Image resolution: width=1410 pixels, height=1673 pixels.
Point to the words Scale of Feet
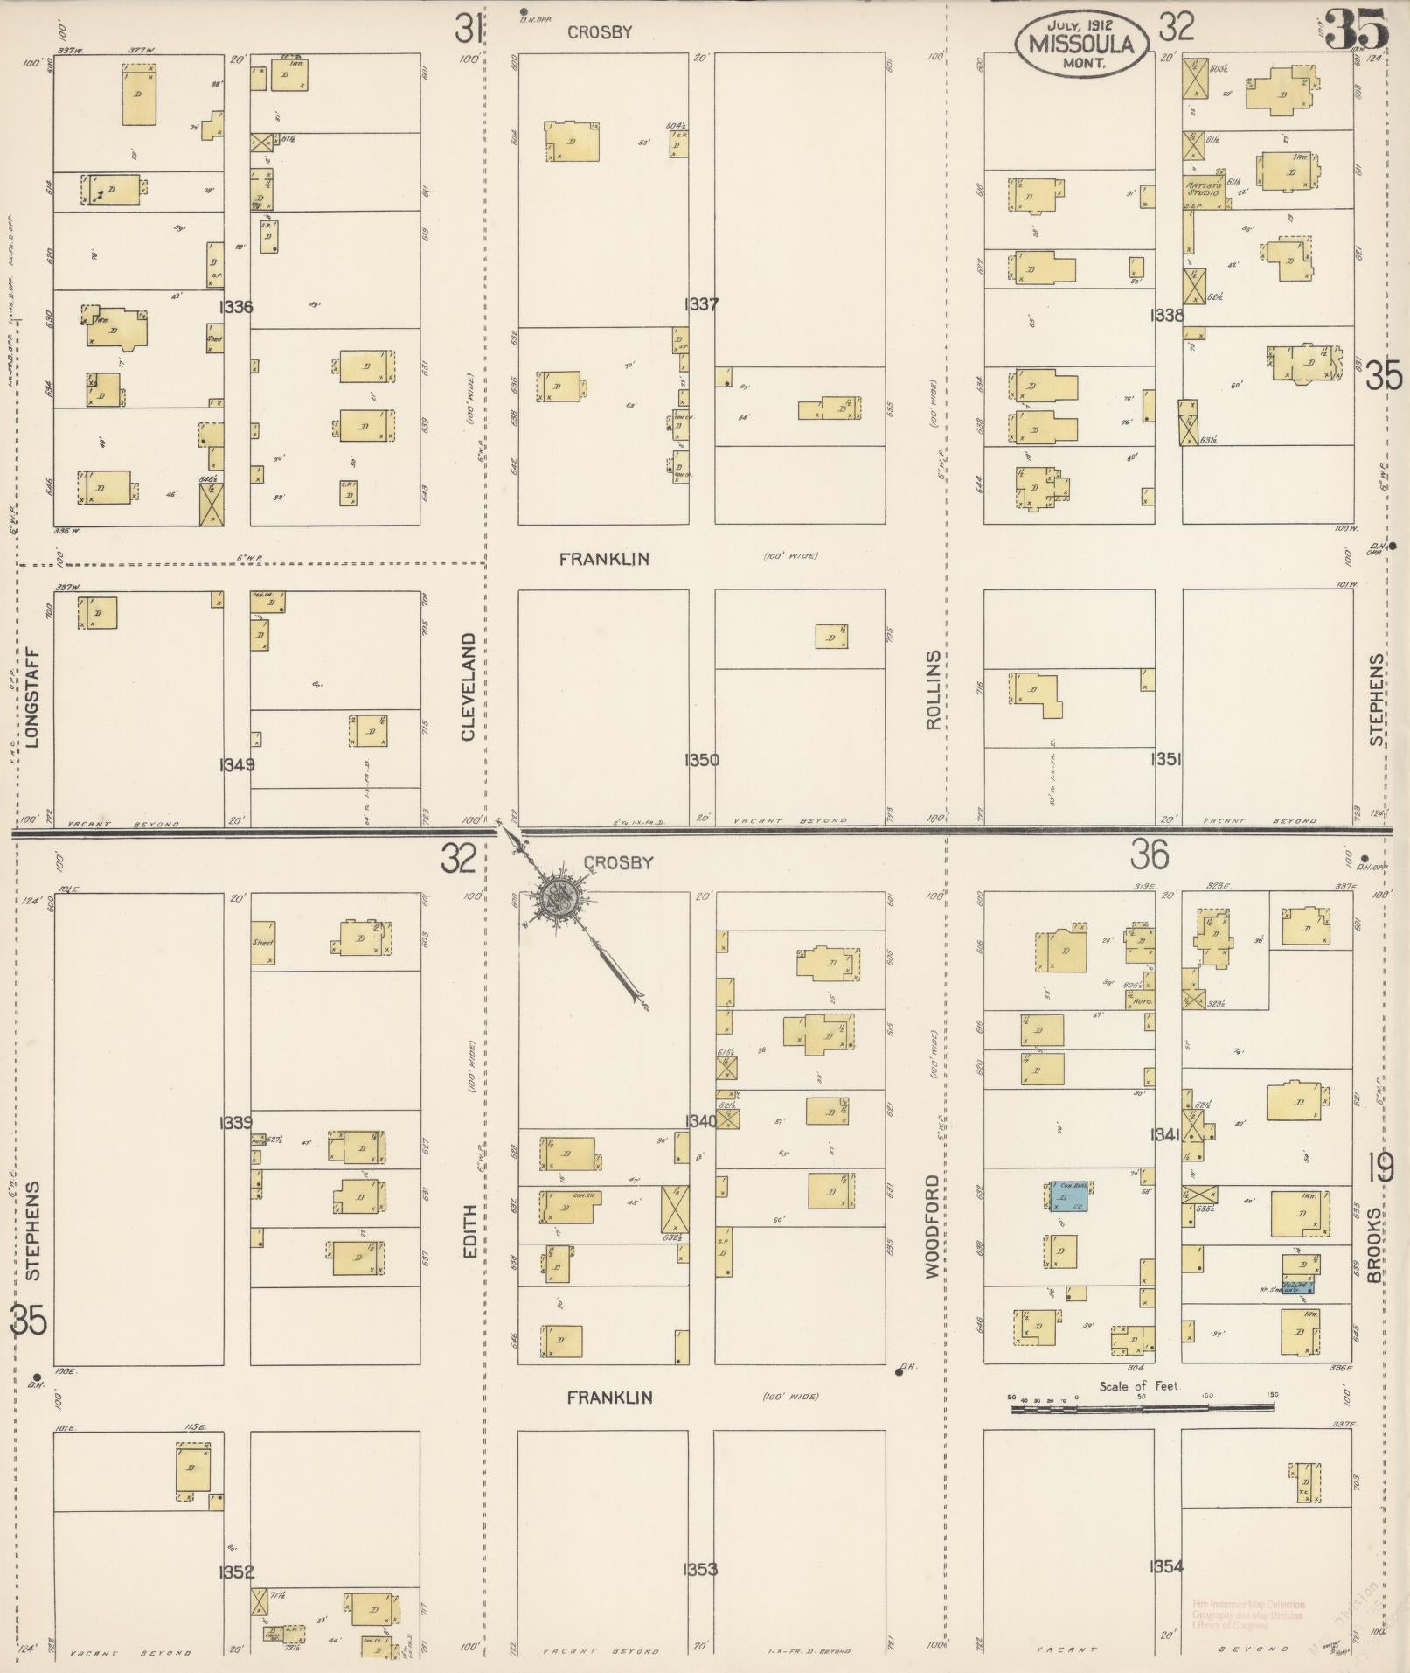point(1140,1386)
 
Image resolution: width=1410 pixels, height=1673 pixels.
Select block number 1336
point(237,307)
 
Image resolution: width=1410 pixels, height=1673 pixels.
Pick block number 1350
point(702,760)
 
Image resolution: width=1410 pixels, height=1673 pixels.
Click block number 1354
point(1167,1566)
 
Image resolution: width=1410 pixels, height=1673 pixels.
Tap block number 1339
point(237,1123)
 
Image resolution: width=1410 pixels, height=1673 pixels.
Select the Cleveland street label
point(469,687)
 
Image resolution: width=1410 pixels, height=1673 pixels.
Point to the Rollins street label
point(933,690)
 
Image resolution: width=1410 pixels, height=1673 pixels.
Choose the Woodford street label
point(933,1226)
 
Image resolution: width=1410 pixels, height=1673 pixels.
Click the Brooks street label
point(1375,1245)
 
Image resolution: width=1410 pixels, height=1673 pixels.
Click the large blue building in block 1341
point(1070,1195)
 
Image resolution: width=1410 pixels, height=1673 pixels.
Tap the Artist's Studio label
point(1203,189)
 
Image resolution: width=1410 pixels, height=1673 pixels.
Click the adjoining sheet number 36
point(1149,855)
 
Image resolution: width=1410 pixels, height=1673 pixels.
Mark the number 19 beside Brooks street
point(1382,1168)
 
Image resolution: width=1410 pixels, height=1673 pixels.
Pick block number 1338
point(1168,315)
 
